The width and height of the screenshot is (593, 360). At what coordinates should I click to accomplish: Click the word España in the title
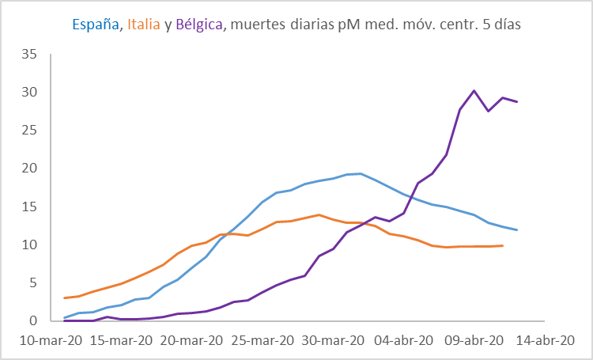point(95,25)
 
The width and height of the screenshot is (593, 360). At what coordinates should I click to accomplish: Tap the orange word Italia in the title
point(142,25)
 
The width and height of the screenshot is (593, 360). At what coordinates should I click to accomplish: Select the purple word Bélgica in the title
point(198,25)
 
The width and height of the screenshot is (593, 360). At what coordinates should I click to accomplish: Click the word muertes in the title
point(254,25)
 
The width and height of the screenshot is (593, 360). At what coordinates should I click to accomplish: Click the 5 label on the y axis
point(33,282)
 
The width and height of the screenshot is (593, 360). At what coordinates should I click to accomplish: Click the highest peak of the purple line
point(474,91)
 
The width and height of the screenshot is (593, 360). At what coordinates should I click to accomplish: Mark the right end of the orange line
point(503,245)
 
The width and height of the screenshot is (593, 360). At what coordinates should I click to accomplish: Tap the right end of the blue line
point(517,230)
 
